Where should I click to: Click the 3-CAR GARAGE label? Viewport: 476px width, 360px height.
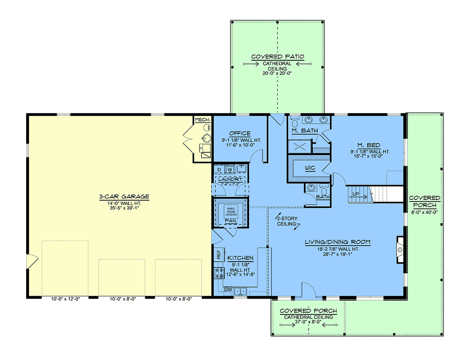tap(124, 197)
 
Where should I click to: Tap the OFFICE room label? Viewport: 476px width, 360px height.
tap(240, 133)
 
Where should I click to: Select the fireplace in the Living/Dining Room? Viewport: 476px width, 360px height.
tap(400, 250)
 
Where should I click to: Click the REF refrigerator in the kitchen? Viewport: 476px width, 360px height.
tap(219, 254)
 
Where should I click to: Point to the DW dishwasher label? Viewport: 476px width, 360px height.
tap(228, 289)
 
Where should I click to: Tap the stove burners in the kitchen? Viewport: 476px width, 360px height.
tap(219, 273)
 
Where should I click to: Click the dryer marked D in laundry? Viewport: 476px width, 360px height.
tap(219, 169)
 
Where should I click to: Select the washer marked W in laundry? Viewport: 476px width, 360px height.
tap(230, 169)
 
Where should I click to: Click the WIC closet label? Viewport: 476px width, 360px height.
tap(310, 168)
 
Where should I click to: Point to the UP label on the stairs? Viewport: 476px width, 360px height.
tap(356, 194)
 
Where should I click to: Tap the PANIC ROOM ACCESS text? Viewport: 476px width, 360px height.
tap(231, 212)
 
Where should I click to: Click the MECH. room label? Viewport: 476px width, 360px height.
tap(203, 120)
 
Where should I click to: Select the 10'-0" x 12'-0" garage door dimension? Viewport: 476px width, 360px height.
tap(65, 299)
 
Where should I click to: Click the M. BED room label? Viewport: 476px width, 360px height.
tap(369, 145)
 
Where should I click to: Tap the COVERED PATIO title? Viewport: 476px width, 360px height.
tap(278, 57)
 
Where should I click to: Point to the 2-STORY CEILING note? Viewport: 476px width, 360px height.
tap(287, 221)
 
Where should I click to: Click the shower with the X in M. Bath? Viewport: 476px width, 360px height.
tap(300, 147)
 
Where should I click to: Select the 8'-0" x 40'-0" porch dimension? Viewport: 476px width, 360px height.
tap(424, 212)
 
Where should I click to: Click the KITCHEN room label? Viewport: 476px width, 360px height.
tap(240, 258)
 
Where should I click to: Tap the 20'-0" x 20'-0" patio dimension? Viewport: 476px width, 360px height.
tap(277, 73)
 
